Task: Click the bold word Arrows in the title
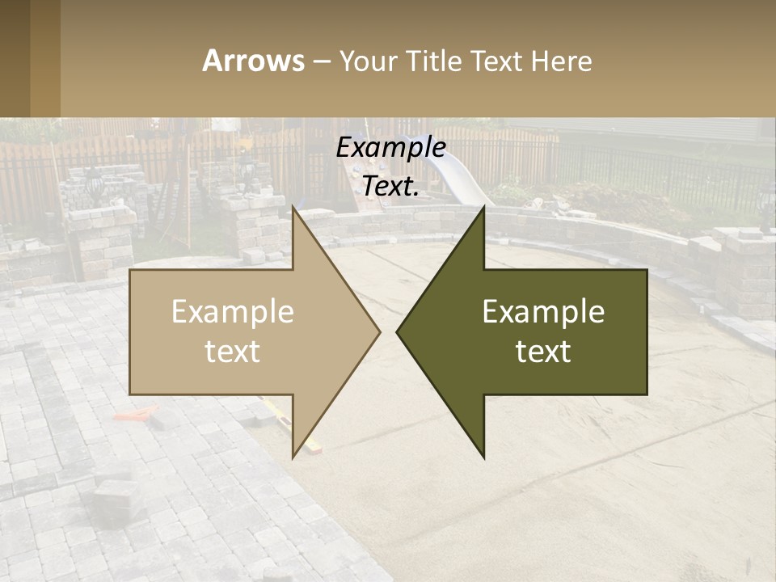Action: point(253,61)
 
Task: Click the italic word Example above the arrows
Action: point(391,147)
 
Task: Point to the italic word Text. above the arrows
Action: point(391,186)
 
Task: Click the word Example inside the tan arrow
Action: point(233,312)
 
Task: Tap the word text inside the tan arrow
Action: point(233,352)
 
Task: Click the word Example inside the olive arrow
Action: point(543,312)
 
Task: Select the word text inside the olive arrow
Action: point(543,352)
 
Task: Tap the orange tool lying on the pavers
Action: point(132,415)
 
